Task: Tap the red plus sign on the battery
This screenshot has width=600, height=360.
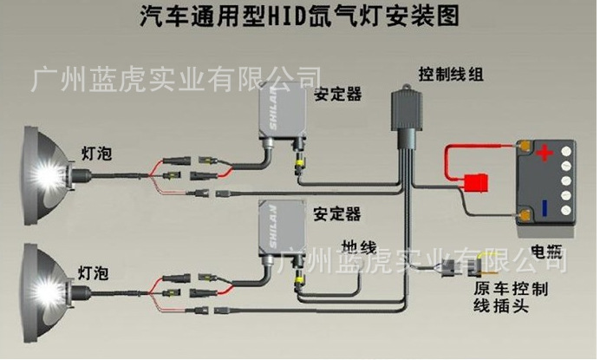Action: (543, 154)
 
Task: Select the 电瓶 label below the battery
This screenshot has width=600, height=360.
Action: (547, 252)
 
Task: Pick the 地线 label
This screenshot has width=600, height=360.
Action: (357, 243)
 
